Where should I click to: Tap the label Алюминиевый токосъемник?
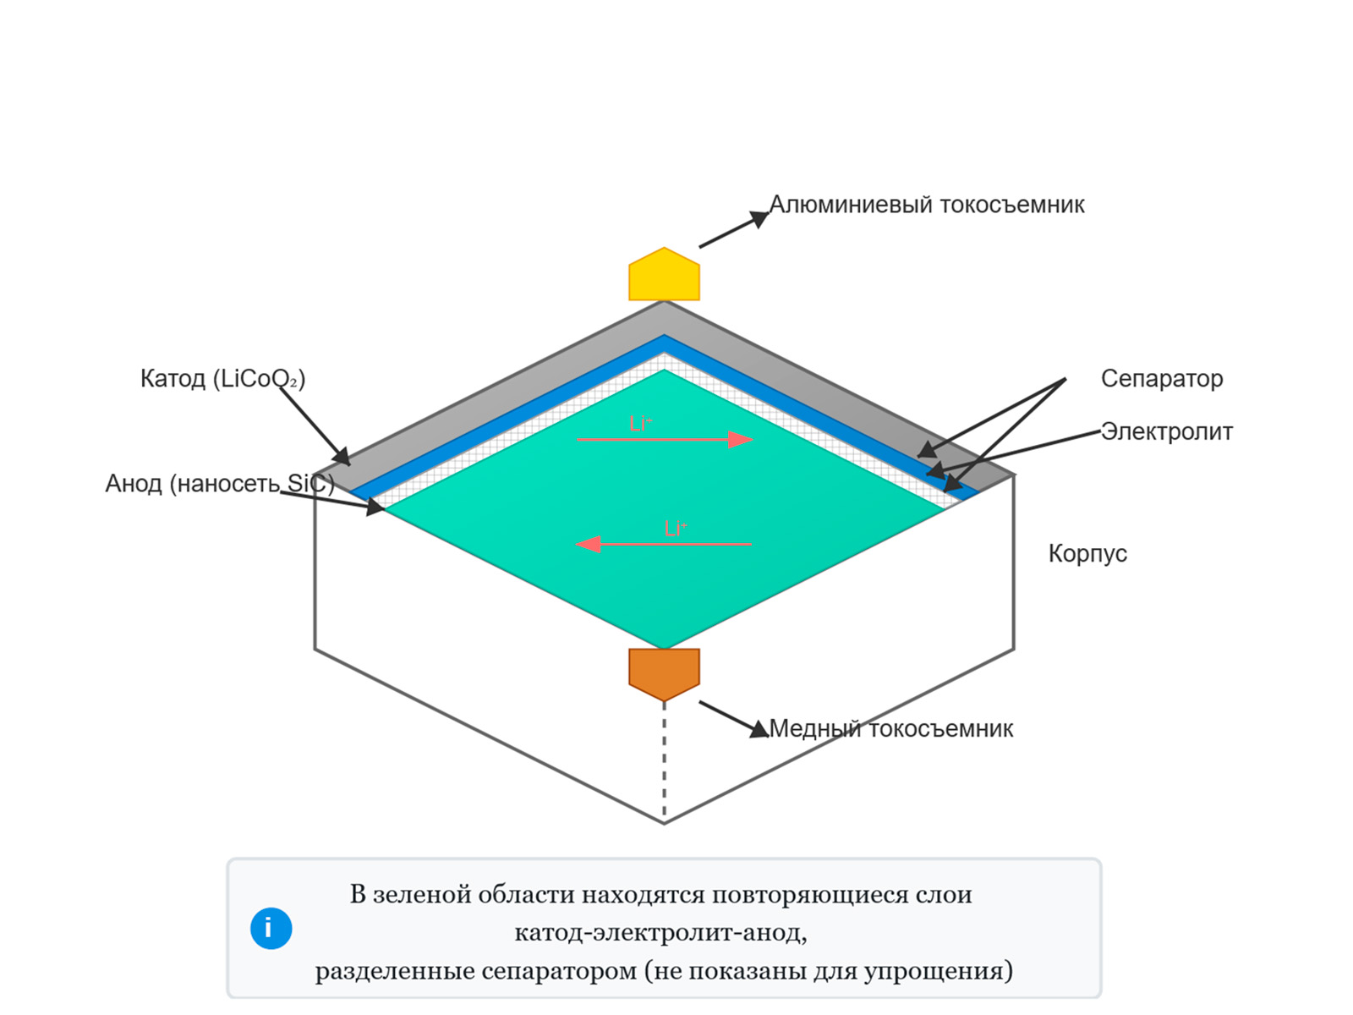pyautogui.click(x=926, y=205)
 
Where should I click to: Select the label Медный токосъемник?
pyautogui.click(x=890, y=728)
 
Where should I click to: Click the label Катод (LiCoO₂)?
pyautogui.click(x=222, y=378)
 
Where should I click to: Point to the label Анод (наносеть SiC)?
pyautogui.click(x=219, y=483)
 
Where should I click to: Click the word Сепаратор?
pyautogui.click(x=1161, y=378)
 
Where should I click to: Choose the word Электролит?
pyautogui.click(x=1166, y=431)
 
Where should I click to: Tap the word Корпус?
pyautogui.click(x=1087, y=553)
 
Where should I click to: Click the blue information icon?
pyautogui.click(x=271, y=929)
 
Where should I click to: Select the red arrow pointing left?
pyautogui.click(x=664, y=544)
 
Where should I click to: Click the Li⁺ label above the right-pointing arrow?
pyautogui.click(x=640, y=424)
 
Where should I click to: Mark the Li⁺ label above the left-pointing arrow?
pyautogui.click(x=675, y=529)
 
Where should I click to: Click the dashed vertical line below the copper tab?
pyautogui.click(x=664, y=761)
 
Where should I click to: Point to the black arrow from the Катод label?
pyautogui.click(x=315, y=426)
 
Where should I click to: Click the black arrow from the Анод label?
pyautogui.click(x=332, y=501)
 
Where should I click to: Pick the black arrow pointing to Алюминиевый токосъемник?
pyautogui.click(x=733, y=230)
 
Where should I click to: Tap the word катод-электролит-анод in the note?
pyautogui.click(x=660, y=932)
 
